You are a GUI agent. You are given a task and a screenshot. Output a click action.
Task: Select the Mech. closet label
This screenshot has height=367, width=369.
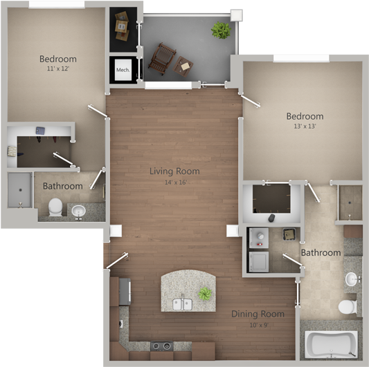[123, 70]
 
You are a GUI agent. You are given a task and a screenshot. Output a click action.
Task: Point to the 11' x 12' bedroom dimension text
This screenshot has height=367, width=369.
[57, 70]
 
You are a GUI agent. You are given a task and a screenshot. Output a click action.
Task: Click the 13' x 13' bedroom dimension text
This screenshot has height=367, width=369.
[305, 127]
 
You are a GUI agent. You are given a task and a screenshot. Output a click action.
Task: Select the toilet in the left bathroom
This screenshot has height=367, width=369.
[55, 207]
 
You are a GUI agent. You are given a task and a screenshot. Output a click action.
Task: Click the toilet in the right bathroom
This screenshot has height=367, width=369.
[345, 306]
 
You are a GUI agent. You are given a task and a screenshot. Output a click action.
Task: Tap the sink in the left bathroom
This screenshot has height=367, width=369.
[78, 210]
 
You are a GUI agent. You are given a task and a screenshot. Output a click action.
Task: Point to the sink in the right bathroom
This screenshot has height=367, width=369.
[352, 280]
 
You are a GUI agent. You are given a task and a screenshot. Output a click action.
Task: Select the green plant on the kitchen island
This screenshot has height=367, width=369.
[205, 294]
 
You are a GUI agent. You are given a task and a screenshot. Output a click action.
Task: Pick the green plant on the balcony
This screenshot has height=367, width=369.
[221, 30]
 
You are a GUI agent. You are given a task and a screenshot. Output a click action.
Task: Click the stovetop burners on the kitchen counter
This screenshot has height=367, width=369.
[162, 346]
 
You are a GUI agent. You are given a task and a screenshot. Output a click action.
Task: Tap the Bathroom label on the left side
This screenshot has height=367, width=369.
[62, 186]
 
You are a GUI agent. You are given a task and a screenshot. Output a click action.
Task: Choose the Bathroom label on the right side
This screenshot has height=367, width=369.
[321, 253]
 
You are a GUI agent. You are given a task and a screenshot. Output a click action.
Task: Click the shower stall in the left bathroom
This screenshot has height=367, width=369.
[19, 190]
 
